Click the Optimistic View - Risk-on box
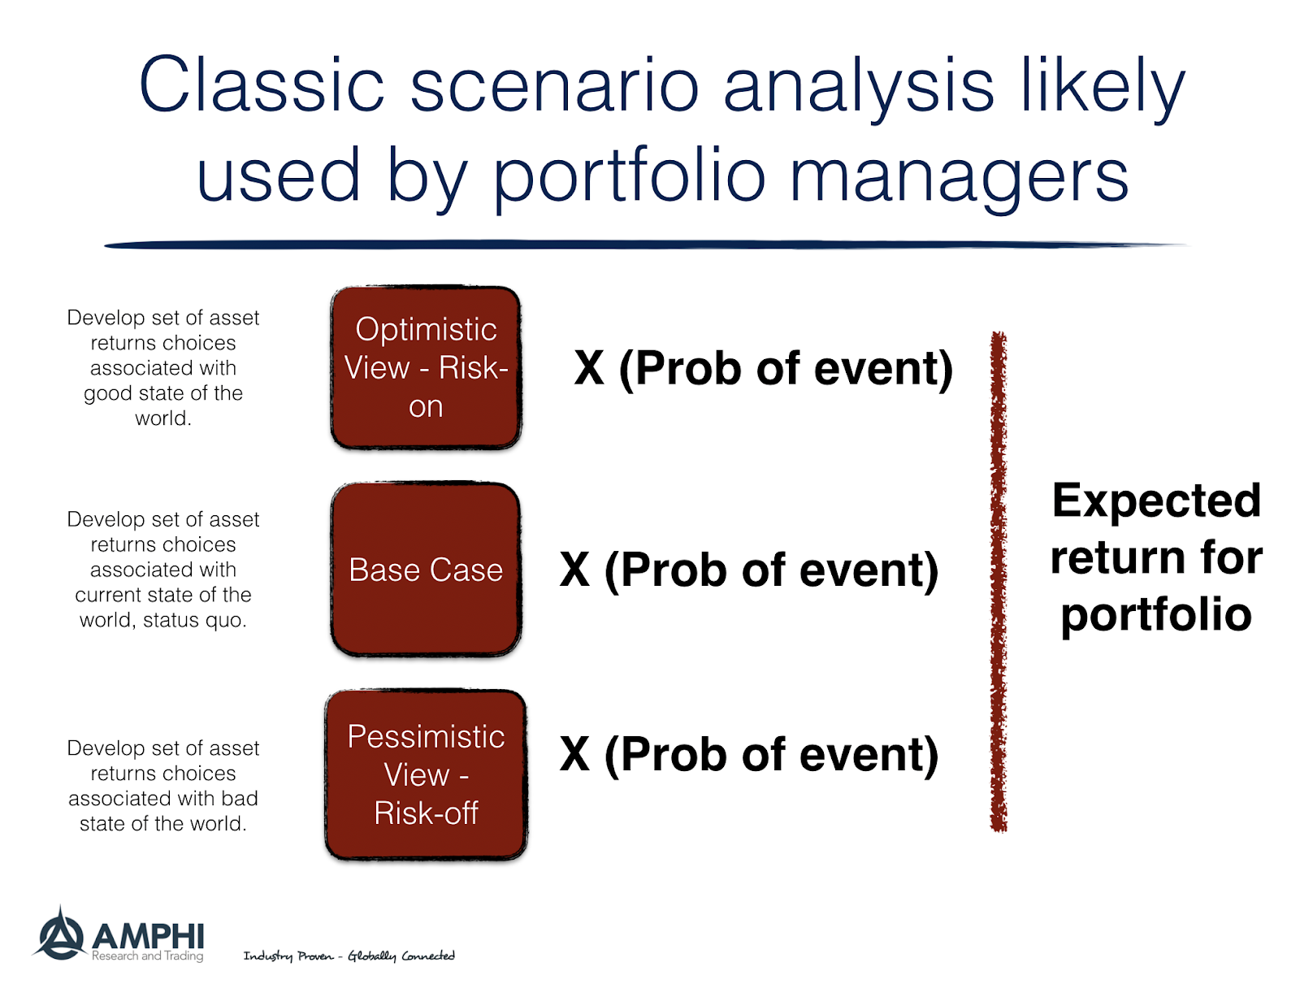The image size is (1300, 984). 426,367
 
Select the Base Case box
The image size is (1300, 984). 426,570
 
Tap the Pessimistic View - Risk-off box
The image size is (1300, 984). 426,774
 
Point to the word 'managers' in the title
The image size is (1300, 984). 959,176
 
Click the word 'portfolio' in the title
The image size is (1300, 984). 630,176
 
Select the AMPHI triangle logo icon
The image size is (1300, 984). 59,934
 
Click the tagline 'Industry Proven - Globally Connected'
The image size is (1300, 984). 349,956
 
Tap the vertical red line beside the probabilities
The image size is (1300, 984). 999,581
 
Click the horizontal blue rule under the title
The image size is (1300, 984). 646,244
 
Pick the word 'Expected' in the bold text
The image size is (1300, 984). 1156,501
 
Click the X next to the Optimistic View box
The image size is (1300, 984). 589,368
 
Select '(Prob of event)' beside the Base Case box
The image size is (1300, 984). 771,570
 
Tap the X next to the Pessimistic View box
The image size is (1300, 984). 574,755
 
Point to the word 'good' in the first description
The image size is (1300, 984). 108,393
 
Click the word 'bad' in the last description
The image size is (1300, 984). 239,799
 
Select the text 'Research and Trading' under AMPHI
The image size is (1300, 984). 147,956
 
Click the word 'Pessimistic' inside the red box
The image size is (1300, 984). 426,737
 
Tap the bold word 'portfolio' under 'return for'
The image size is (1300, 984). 1156,614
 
